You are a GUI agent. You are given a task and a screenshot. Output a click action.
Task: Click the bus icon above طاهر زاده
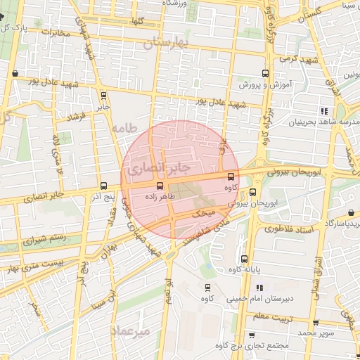click(160, 186)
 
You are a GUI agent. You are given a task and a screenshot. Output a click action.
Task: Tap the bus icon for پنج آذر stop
click(104, 186)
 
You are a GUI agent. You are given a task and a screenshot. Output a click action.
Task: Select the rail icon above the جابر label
click(104, 96)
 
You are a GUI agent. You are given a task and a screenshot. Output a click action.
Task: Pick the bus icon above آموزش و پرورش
click(265, 73)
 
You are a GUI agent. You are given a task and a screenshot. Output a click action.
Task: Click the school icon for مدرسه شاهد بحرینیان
click(323, 111)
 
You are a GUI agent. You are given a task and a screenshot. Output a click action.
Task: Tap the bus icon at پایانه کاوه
click(244, 259)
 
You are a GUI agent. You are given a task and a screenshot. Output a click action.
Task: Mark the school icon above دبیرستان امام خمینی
click(260, 288)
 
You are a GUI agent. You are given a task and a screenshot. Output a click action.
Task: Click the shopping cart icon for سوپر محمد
click(316, 323)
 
